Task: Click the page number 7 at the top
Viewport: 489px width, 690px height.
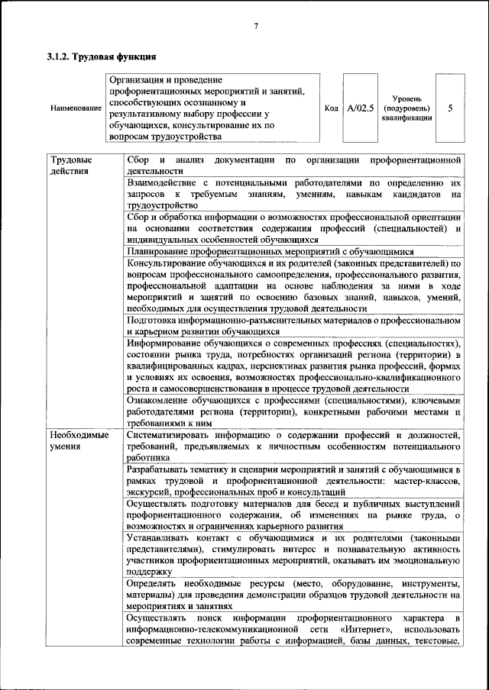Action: click(x=256, y=27)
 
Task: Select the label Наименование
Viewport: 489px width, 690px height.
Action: click(x=76, y=108)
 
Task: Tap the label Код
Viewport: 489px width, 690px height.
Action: click(x=331, y=108)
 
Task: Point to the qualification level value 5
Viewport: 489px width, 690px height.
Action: click(x=449, y=108)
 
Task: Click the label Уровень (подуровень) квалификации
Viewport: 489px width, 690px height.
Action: click(x=405, y=108)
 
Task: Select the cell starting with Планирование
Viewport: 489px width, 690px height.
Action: click(x=270, y=250)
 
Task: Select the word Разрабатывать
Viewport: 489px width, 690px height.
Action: click(x=160, y=471)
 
